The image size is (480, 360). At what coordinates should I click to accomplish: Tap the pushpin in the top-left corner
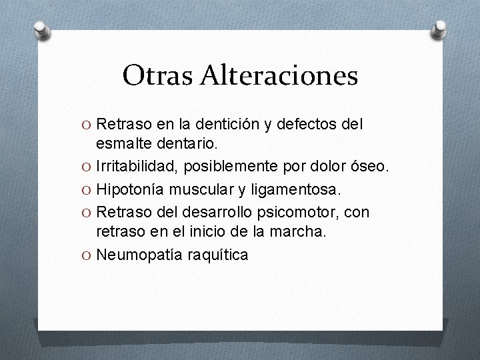point(41,29)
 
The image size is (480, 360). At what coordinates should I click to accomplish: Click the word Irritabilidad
point(131,167)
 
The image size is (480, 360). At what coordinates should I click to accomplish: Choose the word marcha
point(303,233)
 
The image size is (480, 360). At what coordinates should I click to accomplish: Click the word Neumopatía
point(135,254)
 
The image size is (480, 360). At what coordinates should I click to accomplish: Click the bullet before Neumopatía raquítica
point(87,254)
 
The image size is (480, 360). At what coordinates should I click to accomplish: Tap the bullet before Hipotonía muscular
point(87,189)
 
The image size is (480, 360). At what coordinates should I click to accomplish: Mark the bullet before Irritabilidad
point(87,167)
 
